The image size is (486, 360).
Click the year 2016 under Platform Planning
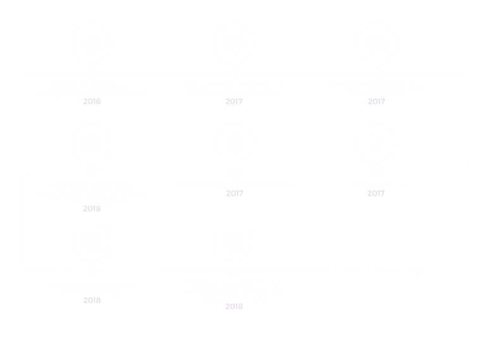click(92, 101)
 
